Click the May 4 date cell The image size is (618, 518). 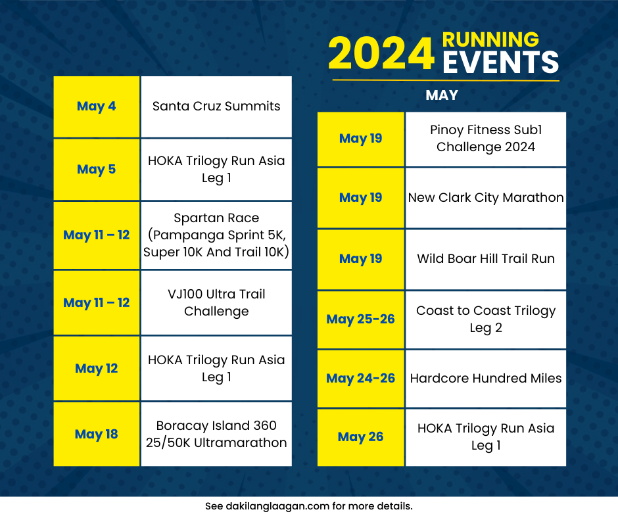(x=97, y=107)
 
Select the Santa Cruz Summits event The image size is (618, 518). (x=216, y=107)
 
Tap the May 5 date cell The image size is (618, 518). (x=97, y=170)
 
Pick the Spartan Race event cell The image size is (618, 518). (x=216, y=235)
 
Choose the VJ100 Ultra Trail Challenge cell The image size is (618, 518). (x=216, y=303)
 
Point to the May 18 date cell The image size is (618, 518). (x=97, y=434)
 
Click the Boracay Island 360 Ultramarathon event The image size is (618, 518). (x=216, y=434)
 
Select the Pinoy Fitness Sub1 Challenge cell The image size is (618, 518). (x=486, y=139)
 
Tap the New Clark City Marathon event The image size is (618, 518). (x=486, y=198)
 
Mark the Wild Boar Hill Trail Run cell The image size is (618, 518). (x=486, y=260)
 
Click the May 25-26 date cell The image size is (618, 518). (x=361, y=319)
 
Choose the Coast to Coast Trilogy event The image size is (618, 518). (x=486, y=319)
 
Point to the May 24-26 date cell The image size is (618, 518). (x=361, y=379)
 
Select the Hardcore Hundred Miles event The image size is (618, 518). (x=486, y=379)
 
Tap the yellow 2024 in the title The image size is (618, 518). (x=381, y=54)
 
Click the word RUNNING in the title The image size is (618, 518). (x=490, y=39)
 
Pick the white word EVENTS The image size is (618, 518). (x=500, y=62)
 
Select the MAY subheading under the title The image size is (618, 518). (x=442, y=95)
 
